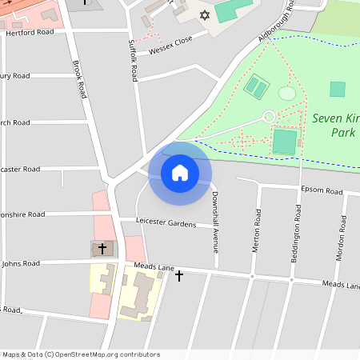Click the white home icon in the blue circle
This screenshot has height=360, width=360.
pos(179,172)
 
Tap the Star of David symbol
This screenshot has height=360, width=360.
pos(203,15)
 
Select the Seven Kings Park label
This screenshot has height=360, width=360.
pos(335,125)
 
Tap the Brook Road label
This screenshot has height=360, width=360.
pos(78,79)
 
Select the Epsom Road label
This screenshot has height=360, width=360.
pos(322,192)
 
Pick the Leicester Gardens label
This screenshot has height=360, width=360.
pos(166,224)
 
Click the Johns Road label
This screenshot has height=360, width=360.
pos(20,263)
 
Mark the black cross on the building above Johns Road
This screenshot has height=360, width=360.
pos(102,249)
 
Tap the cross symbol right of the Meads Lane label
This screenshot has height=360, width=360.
pos(179,276)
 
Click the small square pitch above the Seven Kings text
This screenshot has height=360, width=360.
pos(338,89)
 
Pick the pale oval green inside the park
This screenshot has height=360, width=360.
pos(286,94)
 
